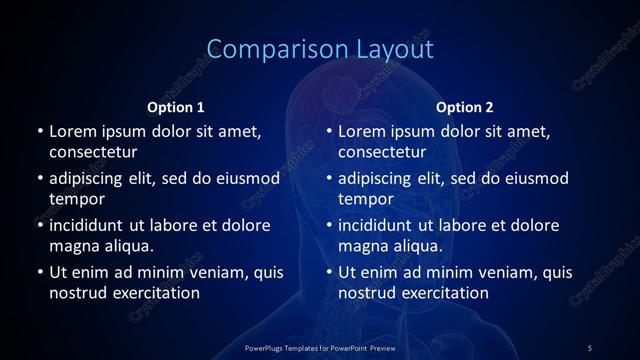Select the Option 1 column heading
[x=176, y=107]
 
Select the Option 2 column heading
[x=465, y=107]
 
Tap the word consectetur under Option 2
[x=383, y=152]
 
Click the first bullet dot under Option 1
[x=40, y=131]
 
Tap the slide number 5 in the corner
[x=590, y=347]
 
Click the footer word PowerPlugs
[x=266, y=347]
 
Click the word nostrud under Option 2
[x=368, y=293]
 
